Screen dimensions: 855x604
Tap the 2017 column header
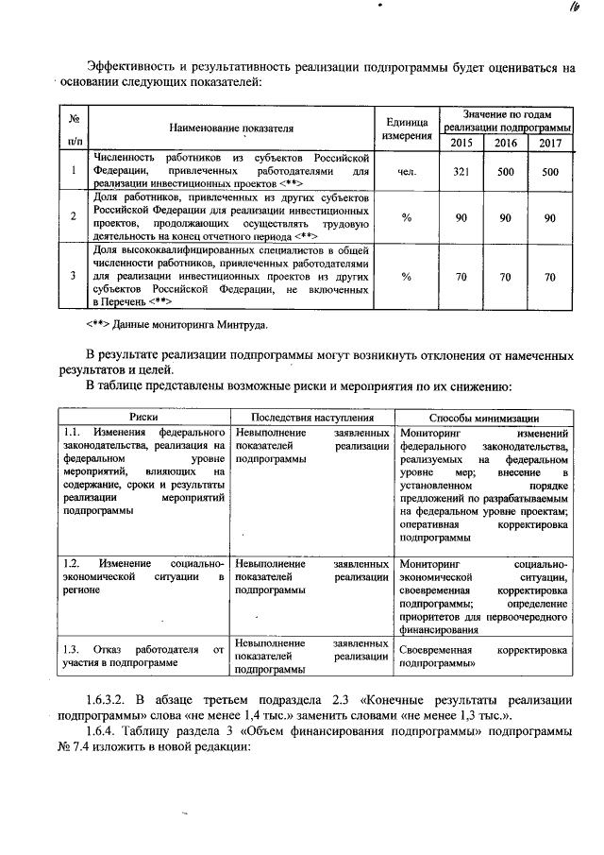(x=550, y=143)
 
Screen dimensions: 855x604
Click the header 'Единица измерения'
(x=408, y=128)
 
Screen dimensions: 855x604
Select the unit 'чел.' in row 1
(x=408, y=171)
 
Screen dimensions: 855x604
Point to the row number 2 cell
(x=73, y=216)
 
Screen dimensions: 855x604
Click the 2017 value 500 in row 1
(x=550, y=171)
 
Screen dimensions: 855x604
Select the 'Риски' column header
(x=144, y=417)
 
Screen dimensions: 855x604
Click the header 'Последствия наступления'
(x=312, y=417)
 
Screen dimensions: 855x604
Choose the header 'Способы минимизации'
(x=484, y=417)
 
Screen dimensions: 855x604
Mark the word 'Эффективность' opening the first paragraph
(x=129, y=66)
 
